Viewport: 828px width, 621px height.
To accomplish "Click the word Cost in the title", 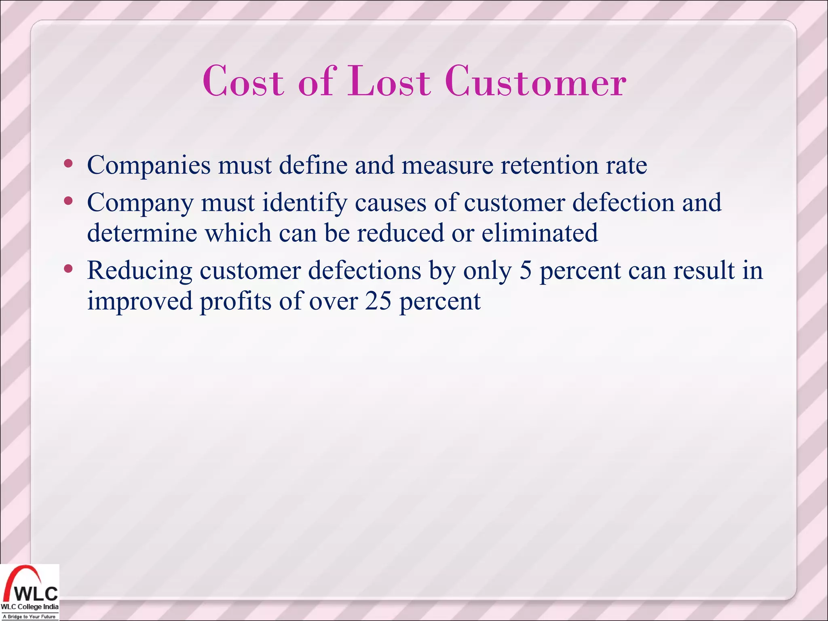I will (243, 82).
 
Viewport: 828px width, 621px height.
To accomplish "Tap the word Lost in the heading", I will (389, 82).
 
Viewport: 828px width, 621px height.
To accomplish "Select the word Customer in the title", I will (535, 82).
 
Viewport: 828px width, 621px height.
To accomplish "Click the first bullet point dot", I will (68, 164).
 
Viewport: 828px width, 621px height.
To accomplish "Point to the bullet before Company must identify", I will (68, 201).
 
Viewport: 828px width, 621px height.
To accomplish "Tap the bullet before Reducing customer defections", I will (68, 268).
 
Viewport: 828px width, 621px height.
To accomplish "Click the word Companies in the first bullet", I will (149, 166).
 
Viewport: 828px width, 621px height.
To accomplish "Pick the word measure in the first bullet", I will (447, 166).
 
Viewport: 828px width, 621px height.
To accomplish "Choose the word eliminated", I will (539, 233).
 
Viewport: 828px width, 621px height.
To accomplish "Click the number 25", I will (378, 301).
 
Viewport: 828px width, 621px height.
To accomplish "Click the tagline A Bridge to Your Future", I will (29, 617).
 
